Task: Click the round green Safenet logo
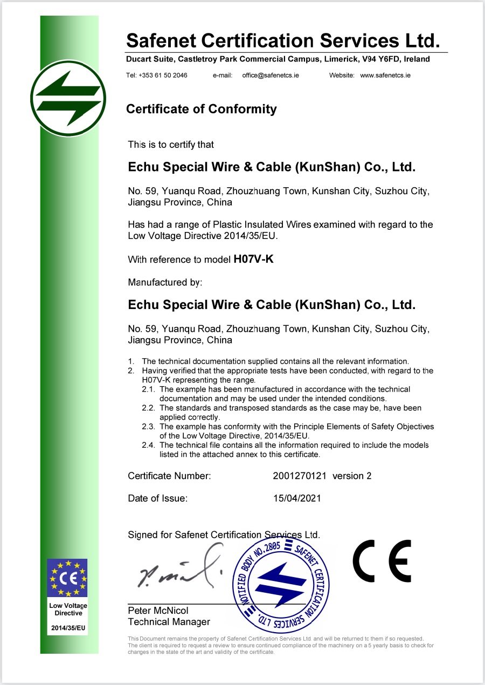click(x=68, y=98)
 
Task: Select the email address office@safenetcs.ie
click(x=271, y=76)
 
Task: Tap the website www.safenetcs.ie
click(x=385, y=76)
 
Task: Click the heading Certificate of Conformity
click(x=201, y=109)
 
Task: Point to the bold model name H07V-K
click(x=253, y=259)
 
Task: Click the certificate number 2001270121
click(x=300, y=476)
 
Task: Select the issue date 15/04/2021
click(x=297, y=498)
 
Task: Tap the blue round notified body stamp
click(x=280, y=579)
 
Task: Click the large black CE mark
click(x=382, y=561)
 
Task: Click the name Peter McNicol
click(x=158, y=611)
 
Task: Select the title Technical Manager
click(x=169, y=622)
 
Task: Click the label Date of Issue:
click(x=157, y=498)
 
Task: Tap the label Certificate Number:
click(x=169, y=476)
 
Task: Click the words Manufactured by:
click(x=165, y=282)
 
